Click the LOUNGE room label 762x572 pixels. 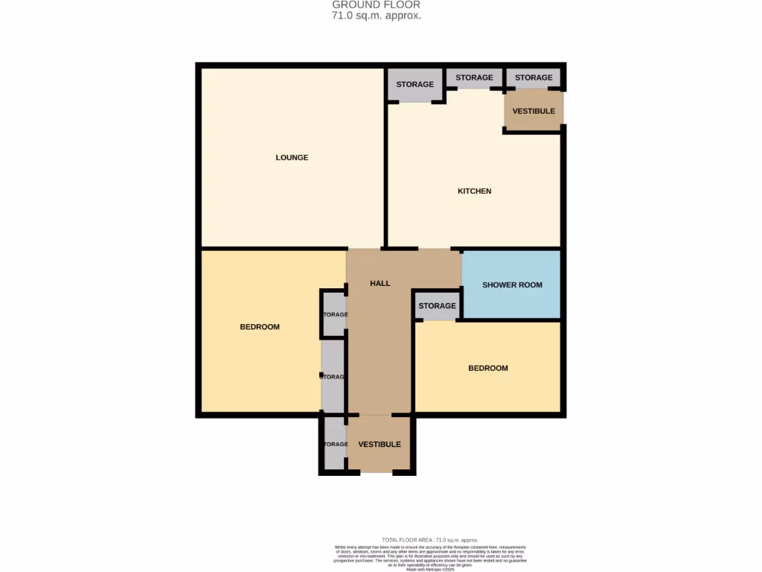click(x=292, y=158)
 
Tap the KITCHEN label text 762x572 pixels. click(x=474, y=191)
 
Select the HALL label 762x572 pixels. click(x=380, y=283)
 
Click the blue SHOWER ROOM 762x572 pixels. click(x=512, y=285)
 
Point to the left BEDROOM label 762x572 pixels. click(x=260, y=327)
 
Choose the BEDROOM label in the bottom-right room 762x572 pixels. click(x=487, y=368)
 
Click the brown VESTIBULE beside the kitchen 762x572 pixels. click(x=534, y=111)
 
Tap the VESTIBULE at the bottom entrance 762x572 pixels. click(x=379, y=445)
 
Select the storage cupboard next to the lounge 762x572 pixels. click(x=414, y=84)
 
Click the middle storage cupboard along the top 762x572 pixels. click(x=474, y=77)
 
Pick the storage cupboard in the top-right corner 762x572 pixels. click(x=534, y=77)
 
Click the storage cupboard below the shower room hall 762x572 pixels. click(x=437, y=306)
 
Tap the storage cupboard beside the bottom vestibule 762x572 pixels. click(x=335, y=445)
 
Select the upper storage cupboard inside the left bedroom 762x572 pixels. click(x=333, y=314)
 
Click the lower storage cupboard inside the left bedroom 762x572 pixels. click(x=333, y=376)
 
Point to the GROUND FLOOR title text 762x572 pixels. click(x=377, y=5)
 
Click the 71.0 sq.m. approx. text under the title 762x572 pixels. click(x=377, y=16)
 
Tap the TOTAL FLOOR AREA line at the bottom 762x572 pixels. click(x=430, y=540)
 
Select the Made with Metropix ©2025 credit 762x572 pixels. click(x=429, y=570)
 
